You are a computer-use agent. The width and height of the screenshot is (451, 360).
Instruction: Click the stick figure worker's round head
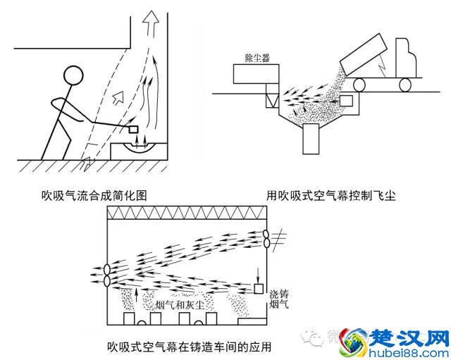tap(73, 77)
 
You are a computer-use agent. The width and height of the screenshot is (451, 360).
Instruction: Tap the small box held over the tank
tap(134, 130)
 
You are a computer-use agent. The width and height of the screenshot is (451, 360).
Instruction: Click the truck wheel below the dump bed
tap(358, 85)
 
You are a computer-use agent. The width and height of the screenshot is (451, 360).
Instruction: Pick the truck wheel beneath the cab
tap(405, 85)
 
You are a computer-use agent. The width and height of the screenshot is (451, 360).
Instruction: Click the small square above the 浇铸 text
tap(259, 288)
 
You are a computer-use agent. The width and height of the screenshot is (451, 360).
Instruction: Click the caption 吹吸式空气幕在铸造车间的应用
tap(189, 347)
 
